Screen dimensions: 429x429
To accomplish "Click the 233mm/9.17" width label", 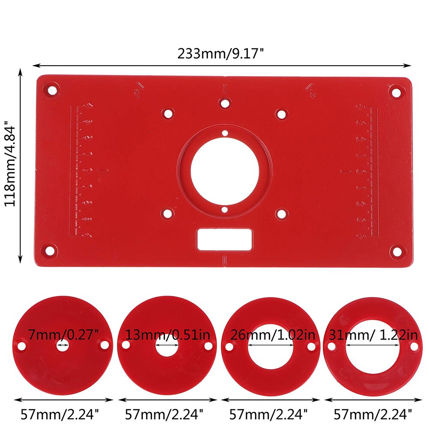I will click(x=221, y=54).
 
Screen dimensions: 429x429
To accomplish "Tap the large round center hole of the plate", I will click(x=225, y=171).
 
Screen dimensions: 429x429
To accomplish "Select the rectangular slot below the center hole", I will click(x=225, y=239).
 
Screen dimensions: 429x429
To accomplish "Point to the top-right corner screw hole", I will click(x=396, y=91).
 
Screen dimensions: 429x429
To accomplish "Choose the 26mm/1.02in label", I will click(x=273, y=334).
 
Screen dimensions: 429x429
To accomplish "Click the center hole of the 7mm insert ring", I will click(x=63, y=345).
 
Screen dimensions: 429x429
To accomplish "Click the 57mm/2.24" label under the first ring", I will click(x=60, y=414).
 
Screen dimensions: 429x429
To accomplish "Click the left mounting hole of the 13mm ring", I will click(x=126, y=345).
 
